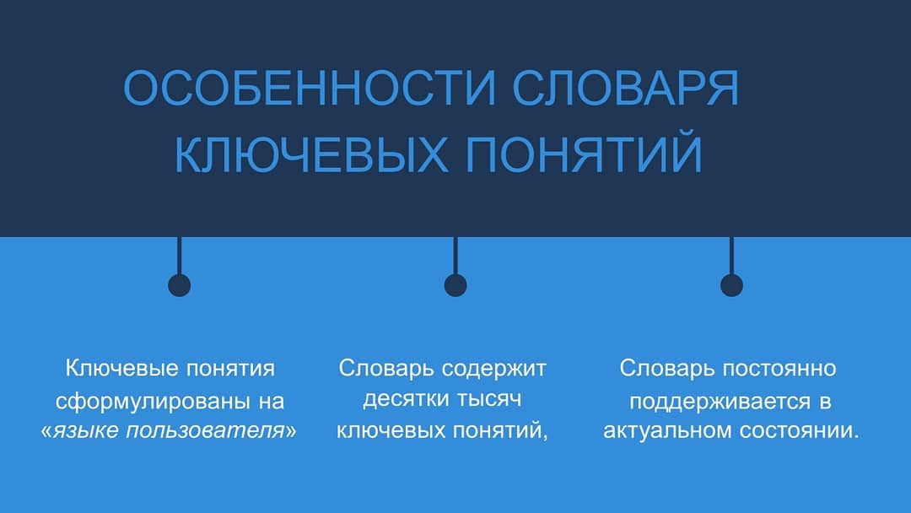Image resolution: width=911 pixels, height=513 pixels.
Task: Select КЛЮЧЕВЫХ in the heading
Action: tap(311, 154)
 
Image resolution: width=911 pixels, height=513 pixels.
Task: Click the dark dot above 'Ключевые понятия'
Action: tap(179, 285)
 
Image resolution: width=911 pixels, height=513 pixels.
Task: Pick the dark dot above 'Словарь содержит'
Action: tap(455, 285)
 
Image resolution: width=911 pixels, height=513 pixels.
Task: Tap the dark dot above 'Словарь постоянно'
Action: tap(731, 285)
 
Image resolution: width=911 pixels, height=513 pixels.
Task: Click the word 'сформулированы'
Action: tap(153, 402)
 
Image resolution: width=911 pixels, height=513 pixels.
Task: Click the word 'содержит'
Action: tap(493, 370)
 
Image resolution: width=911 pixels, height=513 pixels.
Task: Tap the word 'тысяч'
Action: tap(489, 399)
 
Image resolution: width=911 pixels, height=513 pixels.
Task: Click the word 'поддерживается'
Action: tap(720, 402)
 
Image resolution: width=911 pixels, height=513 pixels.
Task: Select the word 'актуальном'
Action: tap(667, 430)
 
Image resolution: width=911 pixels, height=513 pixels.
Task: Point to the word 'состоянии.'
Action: tap(800, 431)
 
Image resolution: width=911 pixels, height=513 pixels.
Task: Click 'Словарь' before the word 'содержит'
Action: tap(386, 370)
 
